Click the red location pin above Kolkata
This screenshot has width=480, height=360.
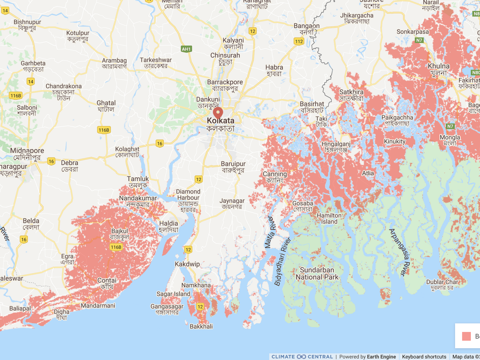click(218, 113)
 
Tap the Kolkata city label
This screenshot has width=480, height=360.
click(220, 121)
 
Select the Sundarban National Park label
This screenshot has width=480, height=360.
click(317, 274)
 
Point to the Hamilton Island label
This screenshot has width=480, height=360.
click(329, 218)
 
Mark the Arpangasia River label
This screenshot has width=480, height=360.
click(399, 252)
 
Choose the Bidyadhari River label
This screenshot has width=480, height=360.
click(283, 262)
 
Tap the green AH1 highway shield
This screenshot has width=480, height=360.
click(186, 49)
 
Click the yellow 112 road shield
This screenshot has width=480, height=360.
click(298, 42)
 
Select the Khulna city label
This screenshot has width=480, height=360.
click(438, 66)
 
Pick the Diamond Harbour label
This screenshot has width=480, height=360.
click(188, 195)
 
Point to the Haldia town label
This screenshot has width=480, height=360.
click(169, 223)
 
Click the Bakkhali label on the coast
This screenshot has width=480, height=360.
click(201, 326)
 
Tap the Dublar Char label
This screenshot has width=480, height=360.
click(442, 282)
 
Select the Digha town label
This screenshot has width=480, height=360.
click(62, 312)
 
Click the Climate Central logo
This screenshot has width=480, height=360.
click(302, 357)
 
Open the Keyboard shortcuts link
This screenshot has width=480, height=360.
click(424, 357)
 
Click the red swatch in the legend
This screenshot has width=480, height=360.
click(466, 336)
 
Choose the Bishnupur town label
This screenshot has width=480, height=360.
click(27, 22)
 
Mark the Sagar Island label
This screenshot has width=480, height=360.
click(173, 294)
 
